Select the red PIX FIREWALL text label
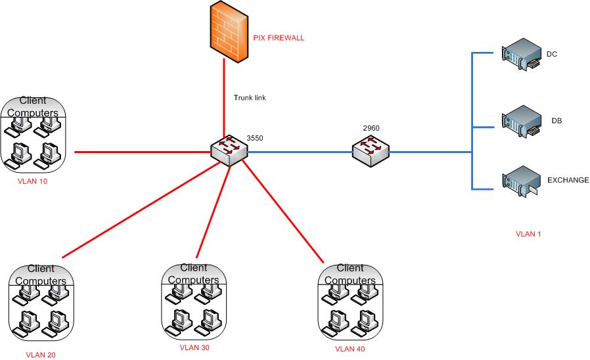(x=279, y=38)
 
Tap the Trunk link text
(x=250, y=98)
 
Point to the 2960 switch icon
(x=370, y=152)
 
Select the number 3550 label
(x=254, y=138)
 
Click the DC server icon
(x=521, y=56)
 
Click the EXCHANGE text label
(x=568, y=180)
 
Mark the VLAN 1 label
(x=528, y=234)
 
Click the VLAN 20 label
(x=41, y=355)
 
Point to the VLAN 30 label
(x=194, y=348)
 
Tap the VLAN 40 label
(x=350, y=349)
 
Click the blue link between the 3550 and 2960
(x=299, y=152)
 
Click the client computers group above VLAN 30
(x=194, y=302)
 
